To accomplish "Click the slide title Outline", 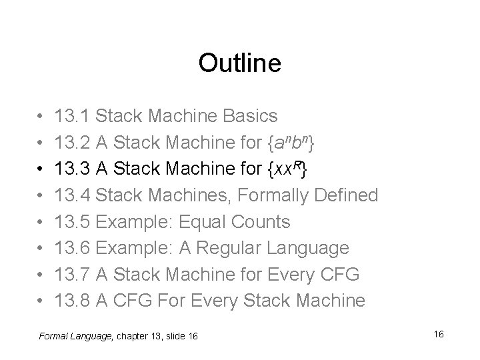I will (240, 63).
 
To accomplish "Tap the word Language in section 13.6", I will (308, 248).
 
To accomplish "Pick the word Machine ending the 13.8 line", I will (329, 301).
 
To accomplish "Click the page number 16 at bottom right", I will (438, 333).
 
